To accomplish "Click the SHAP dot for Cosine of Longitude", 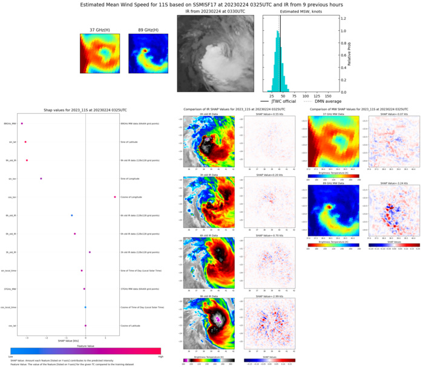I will point(114,196).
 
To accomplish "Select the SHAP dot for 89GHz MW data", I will point(22,123).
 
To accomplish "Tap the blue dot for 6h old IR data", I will point(71,215).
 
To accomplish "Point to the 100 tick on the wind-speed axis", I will point(306,96).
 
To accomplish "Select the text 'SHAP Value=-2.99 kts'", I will point(268,296).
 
